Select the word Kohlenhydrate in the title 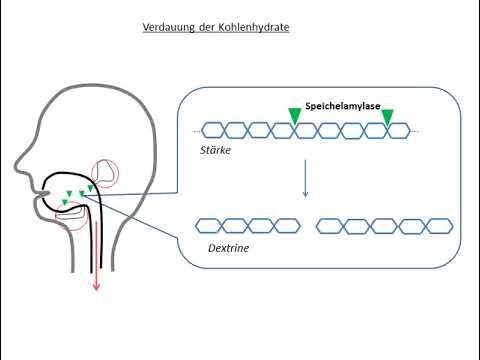click(255, 27)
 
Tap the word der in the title click(208, 27)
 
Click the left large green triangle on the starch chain click(294, 117)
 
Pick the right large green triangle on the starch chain click(387, 117)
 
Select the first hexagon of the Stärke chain click(212, 130)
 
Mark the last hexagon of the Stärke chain click(397, 130)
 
